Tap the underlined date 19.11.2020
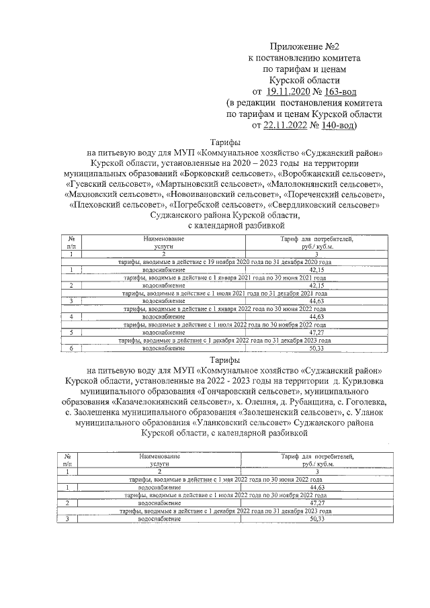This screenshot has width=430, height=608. tap(288, 91)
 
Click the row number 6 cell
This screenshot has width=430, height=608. tap(71, 349)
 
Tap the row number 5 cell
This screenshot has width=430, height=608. tap(71, 332)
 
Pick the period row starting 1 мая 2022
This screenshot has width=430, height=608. tap(224, 479)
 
